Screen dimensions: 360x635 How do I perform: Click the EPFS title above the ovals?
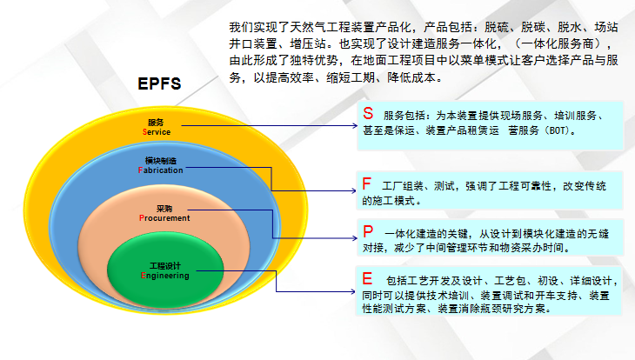pos(159,84)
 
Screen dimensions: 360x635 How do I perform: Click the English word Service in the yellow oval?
pos(157,132)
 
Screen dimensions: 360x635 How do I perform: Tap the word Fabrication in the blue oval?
pos(161,170)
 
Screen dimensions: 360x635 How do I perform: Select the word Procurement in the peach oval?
pos(164,218)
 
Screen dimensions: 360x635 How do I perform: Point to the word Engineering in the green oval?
pos(164,276)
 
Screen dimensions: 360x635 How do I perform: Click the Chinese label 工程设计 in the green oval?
pos(164,265)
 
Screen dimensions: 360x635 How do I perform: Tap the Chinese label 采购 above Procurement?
pos(164,209)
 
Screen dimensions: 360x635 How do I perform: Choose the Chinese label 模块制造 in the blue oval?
pos(161,161)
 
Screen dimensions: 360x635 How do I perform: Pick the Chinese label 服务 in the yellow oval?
pos(156,123)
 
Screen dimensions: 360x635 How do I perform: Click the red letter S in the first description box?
pos(368,114)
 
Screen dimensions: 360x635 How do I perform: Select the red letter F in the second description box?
pos(367,184)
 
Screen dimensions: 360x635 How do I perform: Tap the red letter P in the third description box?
pos(368,232)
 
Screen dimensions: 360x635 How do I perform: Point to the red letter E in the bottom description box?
pos(367,280)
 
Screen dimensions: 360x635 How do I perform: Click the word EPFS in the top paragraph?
pos(159,84)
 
